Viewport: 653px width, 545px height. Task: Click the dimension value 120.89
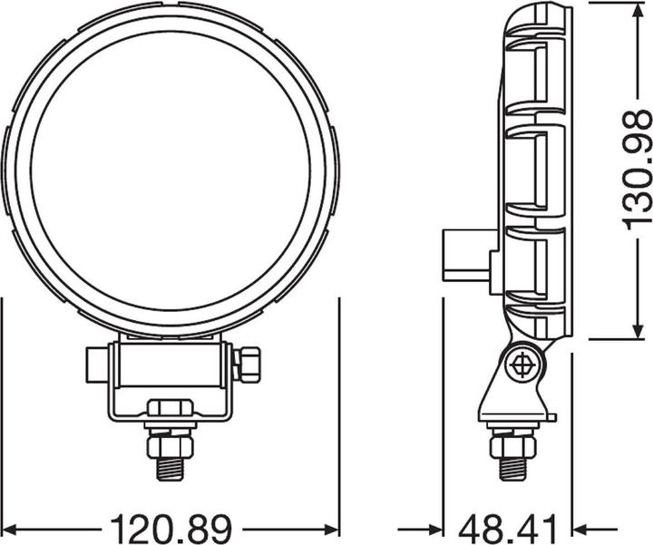coord(171,526)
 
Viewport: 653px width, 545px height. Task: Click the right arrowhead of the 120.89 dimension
coord(330,526)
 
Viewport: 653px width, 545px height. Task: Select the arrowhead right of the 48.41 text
coord(581,526)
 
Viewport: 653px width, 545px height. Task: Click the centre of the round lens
coord(171,170)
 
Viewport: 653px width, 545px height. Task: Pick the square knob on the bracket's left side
coord(95,365)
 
